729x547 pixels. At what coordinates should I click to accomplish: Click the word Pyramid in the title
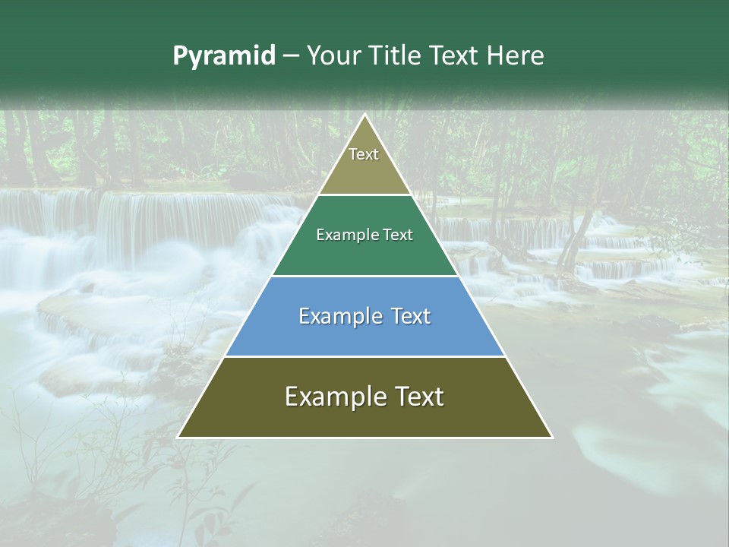[224, 56]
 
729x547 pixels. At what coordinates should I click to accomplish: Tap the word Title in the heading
[396, 56]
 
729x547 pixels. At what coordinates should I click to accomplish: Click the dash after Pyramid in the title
[291, 56]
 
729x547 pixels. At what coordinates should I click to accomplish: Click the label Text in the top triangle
[364, 154]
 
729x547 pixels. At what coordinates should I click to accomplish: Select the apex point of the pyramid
[365, 115]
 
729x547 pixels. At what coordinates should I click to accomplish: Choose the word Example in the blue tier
[336, 316]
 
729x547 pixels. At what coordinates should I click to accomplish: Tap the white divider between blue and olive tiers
[365, 356]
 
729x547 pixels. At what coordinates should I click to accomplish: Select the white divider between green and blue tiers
[365, 276]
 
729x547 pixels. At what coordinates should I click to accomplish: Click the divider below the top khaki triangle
[365, 195]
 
